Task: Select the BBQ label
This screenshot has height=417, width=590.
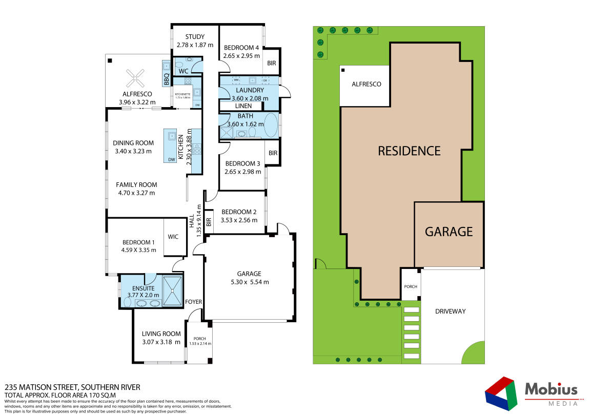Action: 167,79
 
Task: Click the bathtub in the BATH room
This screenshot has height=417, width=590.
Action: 272,125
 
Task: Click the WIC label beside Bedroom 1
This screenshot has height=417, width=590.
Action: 173,237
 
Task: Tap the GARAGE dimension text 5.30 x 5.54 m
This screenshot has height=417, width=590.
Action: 249,282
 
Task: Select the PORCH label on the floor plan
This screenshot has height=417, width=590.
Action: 199,338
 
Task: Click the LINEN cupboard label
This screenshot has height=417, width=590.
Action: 243,106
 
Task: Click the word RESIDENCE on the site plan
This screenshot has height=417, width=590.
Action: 409,151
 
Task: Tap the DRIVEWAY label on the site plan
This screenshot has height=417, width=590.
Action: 451,311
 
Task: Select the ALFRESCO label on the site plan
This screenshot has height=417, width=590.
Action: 366,84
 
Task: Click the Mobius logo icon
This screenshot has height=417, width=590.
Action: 501,393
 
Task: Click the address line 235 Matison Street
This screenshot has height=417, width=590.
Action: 72,387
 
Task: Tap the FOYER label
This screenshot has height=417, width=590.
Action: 194,302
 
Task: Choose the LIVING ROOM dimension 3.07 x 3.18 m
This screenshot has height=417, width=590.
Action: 161,342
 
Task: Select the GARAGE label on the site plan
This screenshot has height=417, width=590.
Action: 449,232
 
